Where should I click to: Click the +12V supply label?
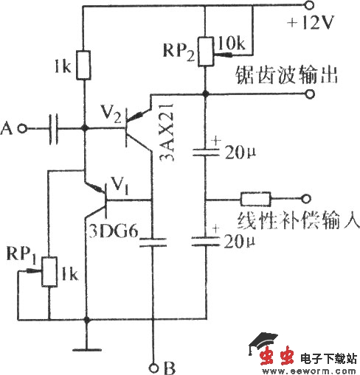311,23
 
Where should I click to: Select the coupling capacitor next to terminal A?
53,129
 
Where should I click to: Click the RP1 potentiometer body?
49,271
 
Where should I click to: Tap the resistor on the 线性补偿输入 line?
255,198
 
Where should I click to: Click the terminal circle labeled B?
153,366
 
